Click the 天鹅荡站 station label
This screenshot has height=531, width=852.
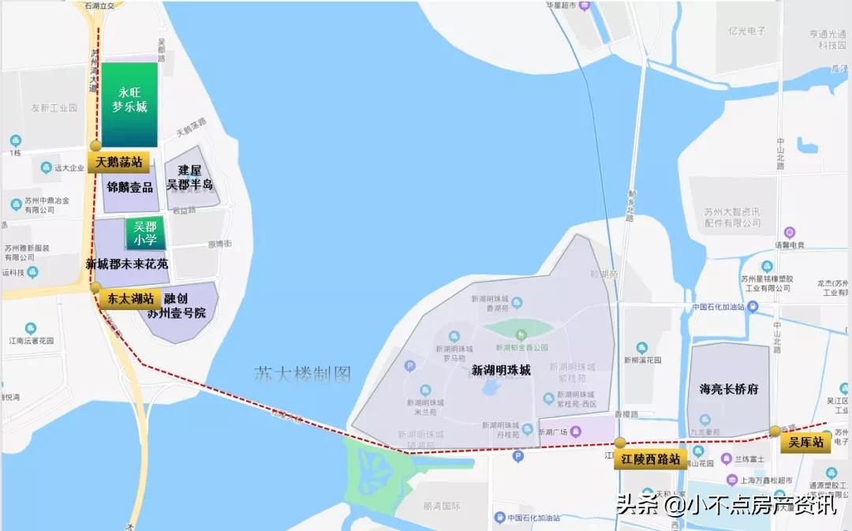tap(120, 163)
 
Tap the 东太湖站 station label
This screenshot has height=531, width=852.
tap(131, 299)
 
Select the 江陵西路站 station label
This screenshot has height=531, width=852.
tap(650, 460)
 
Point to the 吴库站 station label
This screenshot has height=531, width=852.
tap(806, 443)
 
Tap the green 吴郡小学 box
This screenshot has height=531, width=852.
tap(145, 233)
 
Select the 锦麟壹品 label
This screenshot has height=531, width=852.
tap(130, 187)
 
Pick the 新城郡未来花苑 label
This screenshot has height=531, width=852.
tap(127, 264)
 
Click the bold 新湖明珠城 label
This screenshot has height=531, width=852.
tap(501, 370)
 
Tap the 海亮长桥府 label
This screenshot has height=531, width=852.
tap(729, 389)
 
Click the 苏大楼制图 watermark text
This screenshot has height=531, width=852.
tap(302, 374)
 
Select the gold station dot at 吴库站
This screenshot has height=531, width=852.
tap(775, 431)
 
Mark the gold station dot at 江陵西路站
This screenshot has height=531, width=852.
tap(621, 443)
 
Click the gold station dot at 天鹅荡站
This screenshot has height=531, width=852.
tap(95, 146)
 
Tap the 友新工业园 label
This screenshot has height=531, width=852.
tap(54, 107)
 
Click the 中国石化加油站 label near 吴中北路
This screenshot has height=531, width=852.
tap(719, 307)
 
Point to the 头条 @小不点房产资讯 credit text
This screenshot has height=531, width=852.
tap(727, 504)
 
